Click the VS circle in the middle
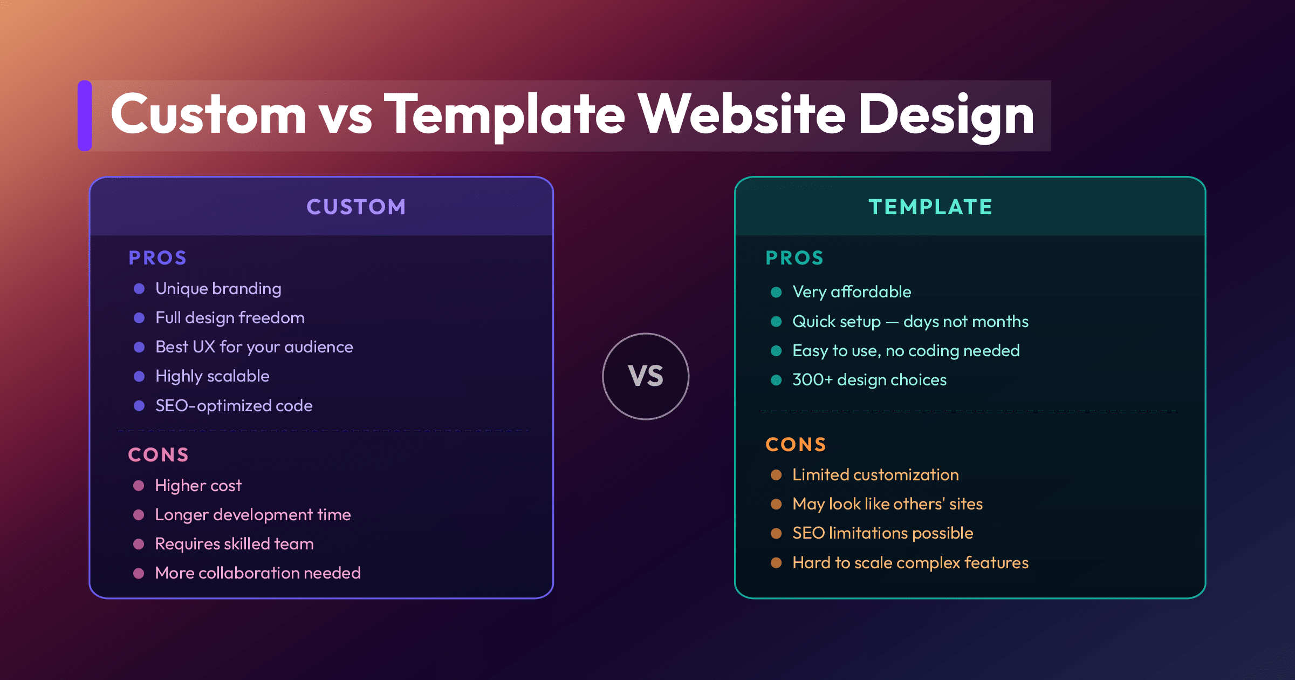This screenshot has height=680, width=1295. tap(646, 376)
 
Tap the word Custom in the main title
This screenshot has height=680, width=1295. tap(209, 114)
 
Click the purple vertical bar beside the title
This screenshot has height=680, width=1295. tap(85, 115)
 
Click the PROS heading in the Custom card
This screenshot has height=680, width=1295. tap(157, 258)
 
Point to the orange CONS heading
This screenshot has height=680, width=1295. tap(796, 444)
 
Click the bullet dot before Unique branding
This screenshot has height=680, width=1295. tap(139, 289)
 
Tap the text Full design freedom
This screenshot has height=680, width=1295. tap(230, 318)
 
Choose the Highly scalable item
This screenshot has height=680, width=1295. tap(212, 376)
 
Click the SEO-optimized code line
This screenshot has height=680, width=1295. tap(234, 405)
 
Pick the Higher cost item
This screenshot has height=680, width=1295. tap(198, 486)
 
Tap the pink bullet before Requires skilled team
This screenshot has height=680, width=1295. tap(139, 544)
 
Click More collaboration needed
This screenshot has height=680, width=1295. tap(258, 573)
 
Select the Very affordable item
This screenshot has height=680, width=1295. tap(852, 292)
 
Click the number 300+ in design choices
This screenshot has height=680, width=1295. tap(812, 380)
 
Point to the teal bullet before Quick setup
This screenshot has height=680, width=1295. tap(776, 322)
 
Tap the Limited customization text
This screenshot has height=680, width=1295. tap(875, 475)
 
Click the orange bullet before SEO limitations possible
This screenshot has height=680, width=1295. tap(776, 533)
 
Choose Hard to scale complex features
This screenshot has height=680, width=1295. tap(910, 563)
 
